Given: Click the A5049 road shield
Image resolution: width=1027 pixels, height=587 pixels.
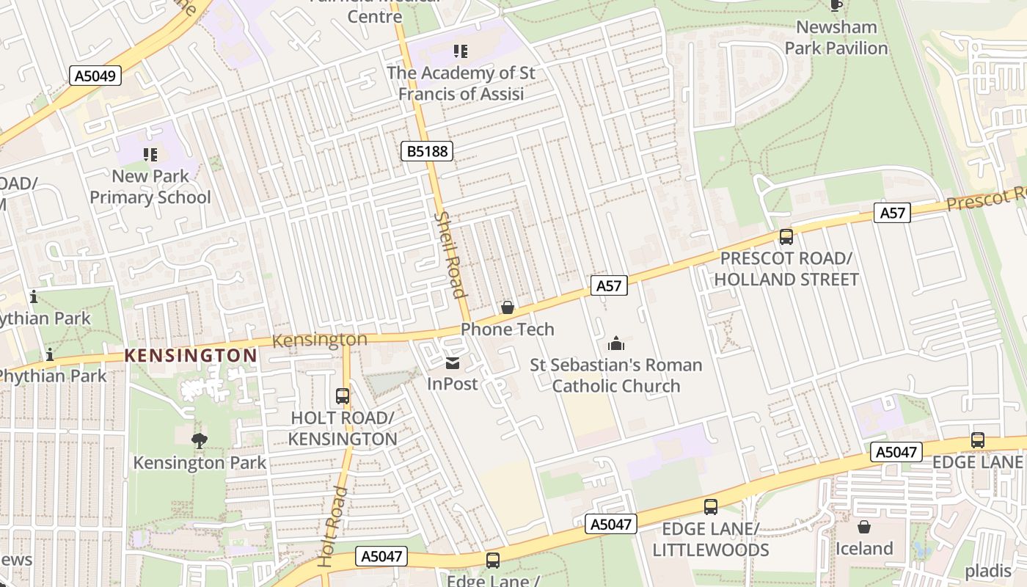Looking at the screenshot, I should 96,75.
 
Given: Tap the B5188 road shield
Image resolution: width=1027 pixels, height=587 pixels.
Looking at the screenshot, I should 427,151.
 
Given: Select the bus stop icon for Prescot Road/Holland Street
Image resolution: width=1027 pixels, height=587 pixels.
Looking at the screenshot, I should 786,236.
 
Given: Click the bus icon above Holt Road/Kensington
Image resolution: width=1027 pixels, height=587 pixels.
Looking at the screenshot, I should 343,396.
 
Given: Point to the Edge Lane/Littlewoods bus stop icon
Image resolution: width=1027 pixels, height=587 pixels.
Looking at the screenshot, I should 710,506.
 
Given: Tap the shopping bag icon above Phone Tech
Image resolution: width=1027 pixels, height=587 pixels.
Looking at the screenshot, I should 507,307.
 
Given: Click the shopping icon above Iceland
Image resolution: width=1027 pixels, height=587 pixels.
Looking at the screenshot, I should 864,527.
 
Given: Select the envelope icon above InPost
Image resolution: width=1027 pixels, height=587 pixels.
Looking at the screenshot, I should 453,363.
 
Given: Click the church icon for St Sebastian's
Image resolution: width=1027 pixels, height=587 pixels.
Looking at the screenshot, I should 616,343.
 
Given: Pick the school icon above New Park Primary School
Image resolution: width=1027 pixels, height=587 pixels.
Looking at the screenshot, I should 150,154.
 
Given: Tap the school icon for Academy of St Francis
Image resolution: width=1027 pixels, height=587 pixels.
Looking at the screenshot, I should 461,51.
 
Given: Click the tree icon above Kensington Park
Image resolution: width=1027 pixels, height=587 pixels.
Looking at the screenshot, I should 199,440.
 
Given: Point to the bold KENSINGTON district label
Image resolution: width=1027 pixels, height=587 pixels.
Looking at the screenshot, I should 191,356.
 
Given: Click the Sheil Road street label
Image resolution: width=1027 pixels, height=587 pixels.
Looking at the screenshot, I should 450,255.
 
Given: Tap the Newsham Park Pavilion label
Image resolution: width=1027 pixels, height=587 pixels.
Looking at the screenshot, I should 836,37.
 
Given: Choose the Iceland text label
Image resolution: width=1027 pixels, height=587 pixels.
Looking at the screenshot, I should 864,548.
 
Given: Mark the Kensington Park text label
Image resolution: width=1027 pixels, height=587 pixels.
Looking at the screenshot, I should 200,462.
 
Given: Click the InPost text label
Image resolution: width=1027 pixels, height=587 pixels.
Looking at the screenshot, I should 453,383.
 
